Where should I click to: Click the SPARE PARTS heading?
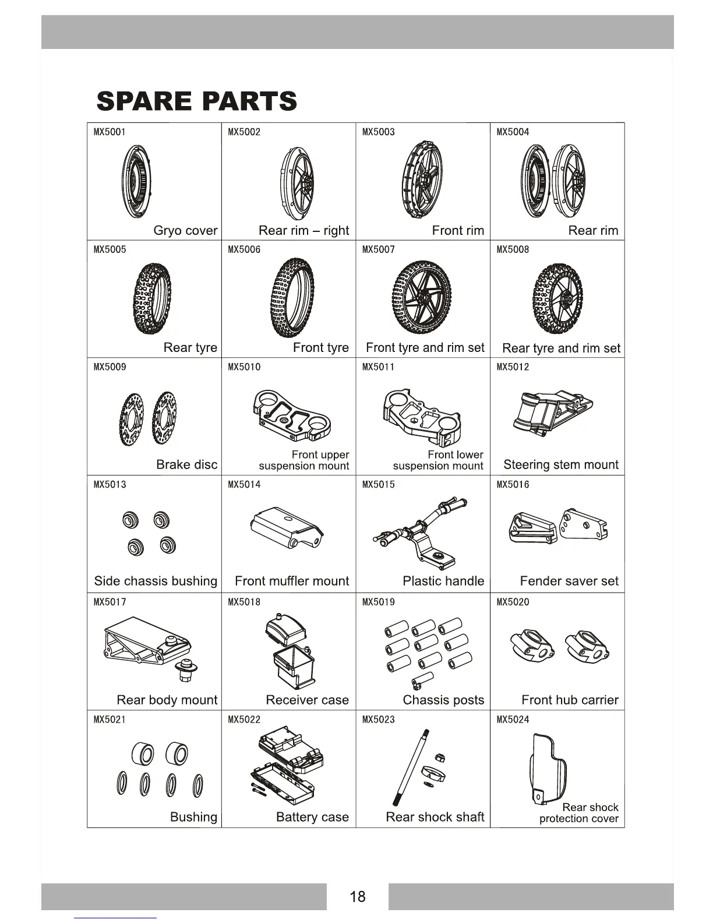tap(196, 101)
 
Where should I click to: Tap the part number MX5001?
tap(110, 132)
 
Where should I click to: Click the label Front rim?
tap(458, 231)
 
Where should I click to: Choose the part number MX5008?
tap(513, 250)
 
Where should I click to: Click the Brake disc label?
tap(186, 465)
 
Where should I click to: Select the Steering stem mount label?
tap(560, 465)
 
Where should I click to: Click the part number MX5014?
tap(244, 485)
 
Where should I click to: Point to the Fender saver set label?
tap(569, 582)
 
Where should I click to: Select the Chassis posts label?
tap(443, 700)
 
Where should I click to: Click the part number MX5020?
tap(513, 603)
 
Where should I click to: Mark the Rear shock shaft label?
tap(435, 818)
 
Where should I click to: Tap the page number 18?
tap(358, 896)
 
